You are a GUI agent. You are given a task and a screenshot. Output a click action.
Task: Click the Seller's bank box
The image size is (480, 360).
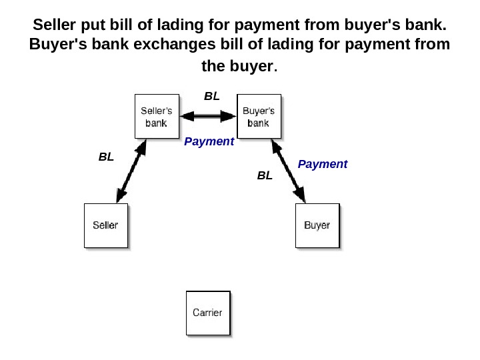[x=157, y=117]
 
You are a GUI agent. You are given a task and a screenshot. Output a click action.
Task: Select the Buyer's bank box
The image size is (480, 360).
[x=259, y=117]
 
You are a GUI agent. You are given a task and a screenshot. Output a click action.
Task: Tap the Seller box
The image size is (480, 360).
[x=105, y=225]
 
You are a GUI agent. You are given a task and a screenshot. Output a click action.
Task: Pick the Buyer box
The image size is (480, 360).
[x=317, y=225]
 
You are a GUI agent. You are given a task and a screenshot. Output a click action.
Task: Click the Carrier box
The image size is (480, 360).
[x=207, y=313]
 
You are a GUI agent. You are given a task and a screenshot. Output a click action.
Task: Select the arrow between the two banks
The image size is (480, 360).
[x=209, y=117]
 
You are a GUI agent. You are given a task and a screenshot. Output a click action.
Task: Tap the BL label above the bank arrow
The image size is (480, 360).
[x=211, y=97]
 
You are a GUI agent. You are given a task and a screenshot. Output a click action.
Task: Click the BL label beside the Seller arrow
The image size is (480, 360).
[x=106, y=157]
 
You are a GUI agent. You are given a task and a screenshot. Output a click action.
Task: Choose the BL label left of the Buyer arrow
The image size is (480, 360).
[x=265, y=175]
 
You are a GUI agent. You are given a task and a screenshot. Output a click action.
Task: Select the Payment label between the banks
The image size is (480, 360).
[x=209, y=141]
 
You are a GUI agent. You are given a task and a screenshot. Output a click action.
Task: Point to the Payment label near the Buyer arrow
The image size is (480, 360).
[x=323, y=164]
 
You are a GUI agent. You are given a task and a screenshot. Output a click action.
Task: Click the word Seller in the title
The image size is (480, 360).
[x=53, y=25]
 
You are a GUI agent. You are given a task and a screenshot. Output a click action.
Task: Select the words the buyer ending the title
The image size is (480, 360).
[x=237, y=67]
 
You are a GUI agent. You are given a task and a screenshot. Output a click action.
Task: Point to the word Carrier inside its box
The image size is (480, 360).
[x=207, y=313]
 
